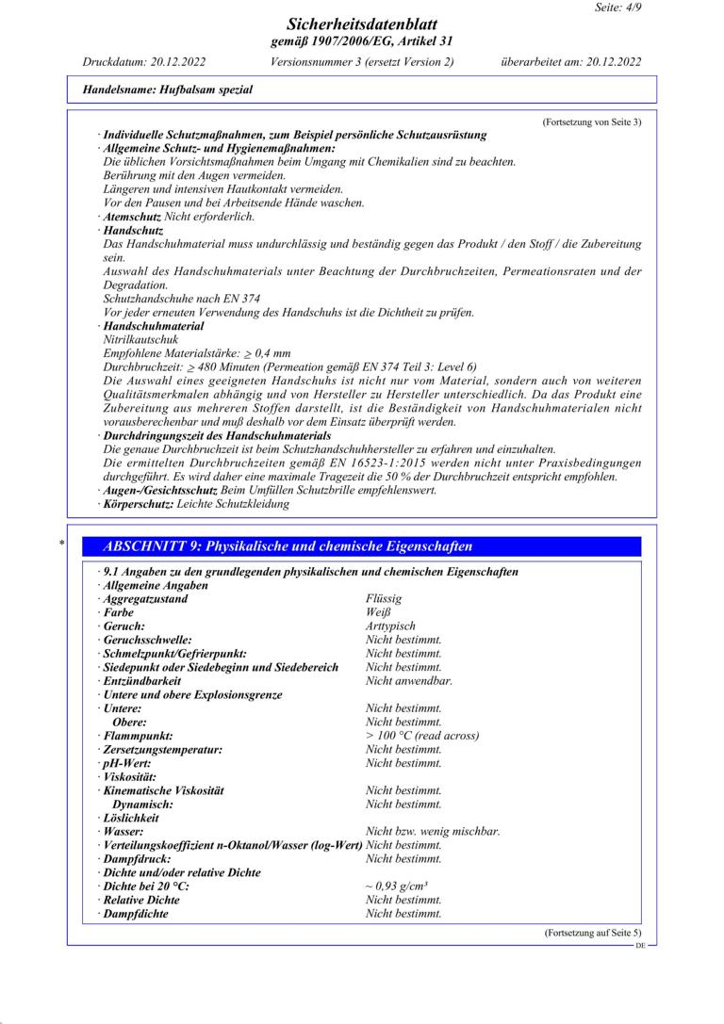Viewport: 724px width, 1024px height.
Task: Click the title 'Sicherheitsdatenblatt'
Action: (x=361, y=24)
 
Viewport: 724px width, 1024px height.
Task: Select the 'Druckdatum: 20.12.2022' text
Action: (x=144, y=62)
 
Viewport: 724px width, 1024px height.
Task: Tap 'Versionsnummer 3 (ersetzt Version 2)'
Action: (x=362, y=62)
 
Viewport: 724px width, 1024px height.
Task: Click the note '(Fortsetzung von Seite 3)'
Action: (x=592, y=122)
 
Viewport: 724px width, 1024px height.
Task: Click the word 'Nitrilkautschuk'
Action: (x=140, y=339)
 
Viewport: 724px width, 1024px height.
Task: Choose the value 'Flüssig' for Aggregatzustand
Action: (x=384, y=599)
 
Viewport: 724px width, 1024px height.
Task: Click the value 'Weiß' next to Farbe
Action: (x=378, y=612)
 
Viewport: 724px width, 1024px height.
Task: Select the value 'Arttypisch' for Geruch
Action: (x=390, y=626)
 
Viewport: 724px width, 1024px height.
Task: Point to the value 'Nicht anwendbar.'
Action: (x=409, y=681)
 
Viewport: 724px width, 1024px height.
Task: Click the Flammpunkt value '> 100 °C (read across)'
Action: (x=422, y=736)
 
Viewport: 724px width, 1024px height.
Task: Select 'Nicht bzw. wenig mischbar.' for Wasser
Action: (x=433, y=832)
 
